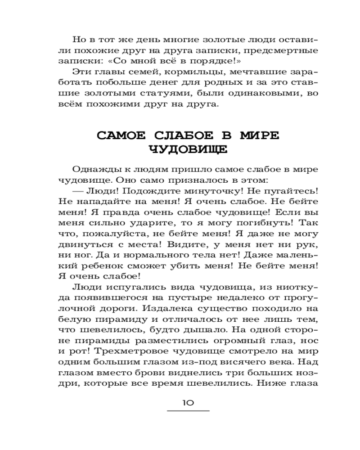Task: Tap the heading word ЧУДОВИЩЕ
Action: tap(188, 149)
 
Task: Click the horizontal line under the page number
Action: tap(188, 411)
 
